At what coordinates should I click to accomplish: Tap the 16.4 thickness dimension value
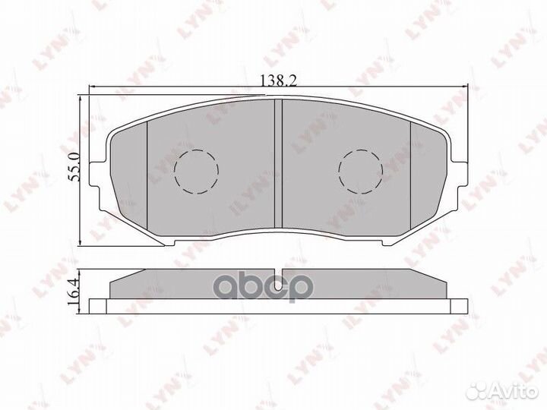pyautogui.click(x=74, y=289)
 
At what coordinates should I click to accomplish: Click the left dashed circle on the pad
pyautogui.click(x=196, y=171)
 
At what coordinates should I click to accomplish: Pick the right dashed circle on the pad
pyautogui.click(x=360, y=171)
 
